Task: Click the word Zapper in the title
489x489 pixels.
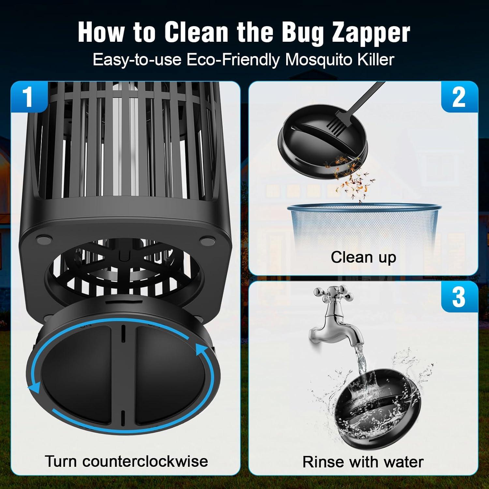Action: [371, 33]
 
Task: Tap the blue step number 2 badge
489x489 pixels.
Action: [459, 97]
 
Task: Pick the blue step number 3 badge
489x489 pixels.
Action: [459, 297]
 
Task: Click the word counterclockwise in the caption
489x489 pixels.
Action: [145, 461]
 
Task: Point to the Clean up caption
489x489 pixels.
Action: [363, 257]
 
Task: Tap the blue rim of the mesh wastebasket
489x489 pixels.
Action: [363, 207]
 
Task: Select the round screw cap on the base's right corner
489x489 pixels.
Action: [206, 242]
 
